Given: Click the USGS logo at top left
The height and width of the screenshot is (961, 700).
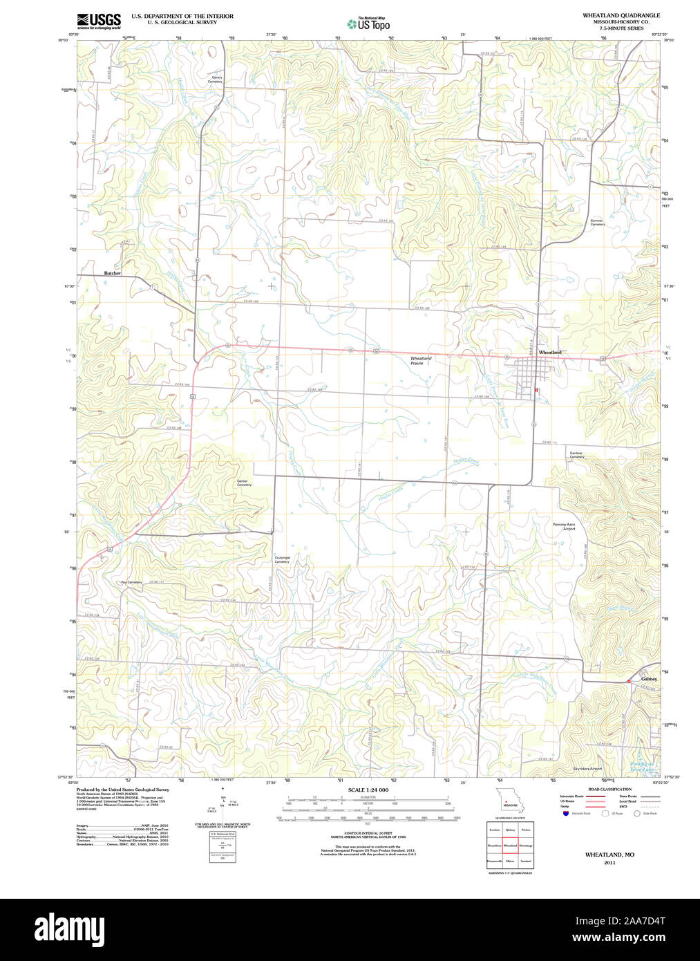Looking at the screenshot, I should (x=99, y=19).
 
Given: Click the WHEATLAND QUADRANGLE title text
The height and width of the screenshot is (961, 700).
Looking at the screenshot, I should (x=621, y=15).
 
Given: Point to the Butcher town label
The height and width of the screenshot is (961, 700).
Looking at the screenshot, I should (x=113, y=273).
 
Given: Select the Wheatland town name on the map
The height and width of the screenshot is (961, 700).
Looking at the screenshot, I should (x=550, y=353).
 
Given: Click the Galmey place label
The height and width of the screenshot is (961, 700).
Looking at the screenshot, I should (x=649, y=679).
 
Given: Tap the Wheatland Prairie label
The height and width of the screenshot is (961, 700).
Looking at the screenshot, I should (x=421, y=360).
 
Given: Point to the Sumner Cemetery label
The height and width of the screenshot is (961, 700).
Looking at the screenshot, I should (x=597, y=223).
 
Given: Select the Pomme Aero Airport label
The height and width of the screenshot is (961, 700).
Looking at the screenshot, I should (x=564, y=527).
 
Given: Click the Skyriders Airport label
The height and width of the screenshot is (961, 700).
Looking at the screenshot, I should (x=587, y=768).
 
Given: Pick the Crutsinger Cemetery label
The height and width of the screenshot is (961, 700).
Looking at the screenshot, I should (x=282, y=559).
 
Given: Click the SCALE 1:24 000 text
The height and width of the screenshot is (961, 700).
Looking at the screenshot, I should (x=368, y=790).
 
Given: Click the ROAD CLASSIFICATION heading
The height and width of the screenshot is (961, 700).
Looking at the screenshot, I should (x=609, y=789).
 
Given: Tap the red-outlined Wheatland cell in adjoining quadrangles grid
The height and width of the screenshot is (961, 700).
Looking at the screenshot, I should (x=510, y=845).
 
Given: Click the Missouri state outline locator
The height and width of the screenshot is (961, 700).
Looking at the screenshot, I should (x=510, y=801).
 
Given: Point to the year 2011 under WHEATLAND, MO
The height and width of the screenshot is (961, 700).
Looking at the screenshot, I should (x=609, y=863).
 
